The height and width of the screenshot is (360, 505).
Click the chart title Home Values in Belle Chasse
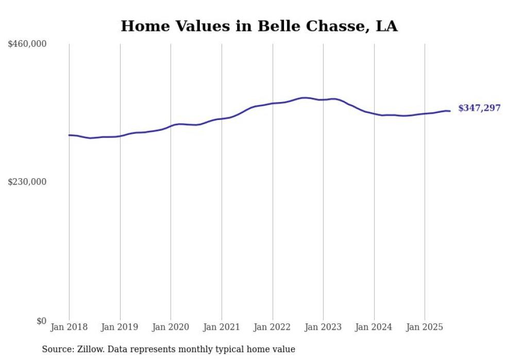pyautogui.click(x=259, y=26)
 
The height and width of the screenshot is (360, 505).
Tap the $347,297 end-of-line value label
pyautogui.click(x=479, y=108)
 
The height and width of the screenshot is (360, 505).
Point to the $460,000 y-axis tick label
pyautogui.click(x=27, y=44)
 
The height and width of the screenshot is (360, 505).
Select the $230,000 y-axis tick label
pyautogui.click(x=27, y=182)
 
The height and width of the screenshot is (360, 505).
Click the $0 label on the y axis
pyautogui.click(x=42, y=321)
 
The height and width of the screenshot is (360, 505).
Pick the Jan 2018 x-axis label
pyautogui.click(x=69, y=327)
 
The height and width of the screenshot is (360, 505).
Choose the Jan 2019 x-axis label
pyautogui.click(x=120, y=327)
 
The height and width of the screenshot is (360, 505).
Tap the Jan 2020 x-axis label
pyautogui.click(x=171, y=327)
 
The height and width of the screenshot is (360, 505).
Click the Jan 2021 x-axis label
pyautogui.click(x=222, y=327)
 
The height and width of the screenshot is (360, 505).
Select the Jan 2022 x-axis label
pyautogui.click(x=273, y=327)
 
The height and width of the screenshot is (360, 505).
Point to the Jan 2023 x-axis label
pyautogui.click(x=323, y=327)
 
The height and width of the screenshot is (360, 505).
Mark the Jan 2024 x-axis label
pyautogui.click(x=374, y=327)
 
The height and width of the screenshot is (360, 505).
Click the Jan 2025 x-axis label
pyautogui.click(x=425, y=327)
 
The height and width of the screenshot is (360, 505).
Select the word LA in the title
pyautogui.click(x=386, y=26)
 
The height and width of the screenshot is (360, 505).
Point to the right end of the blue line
pyautogui.click(x=450, y=111)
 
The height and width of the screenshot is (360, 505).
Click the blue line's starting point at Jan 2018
pyautogui.click(x=69, y=135)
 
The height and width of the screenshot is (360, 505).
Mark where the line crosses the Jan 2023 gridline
pyautogui.click(x=323, y=100)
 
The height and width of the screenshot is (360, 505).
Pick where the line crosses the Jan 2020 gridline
pyautogui.click(x=171, y=126)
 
